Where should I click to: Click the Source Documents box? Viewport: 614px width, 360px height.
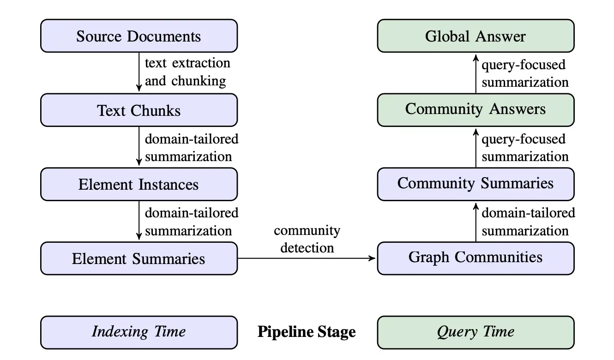[139, 36]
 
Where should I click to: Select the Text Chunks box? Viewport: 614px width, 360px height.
[139, 110]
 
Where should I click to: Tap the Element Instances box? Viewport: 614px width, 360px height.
[139, 184]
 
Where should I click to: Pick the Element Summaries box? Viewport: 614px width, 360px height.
[139, 258]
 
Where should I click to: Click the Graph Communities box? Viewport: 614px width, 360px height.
[476, 258]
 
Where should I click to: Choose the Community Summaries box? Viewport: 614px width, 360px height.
[476, 184]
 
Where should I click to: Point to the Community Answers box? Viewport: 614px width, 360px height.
[476, 110]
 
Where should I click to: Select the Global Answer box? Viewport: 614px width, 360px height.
[476, 36]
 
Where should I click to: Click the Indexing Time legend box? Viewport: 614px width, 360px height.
[139, 333]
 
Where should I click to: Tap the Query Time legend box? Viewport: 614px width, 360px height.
[476, 333]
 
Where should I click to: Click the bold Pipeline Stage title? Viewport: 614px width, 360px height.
[307, 332]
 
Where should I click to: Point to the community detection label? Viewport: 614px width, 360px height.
[307, 239]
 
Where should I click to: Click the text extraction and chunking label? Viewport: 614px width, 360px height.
[187, 72]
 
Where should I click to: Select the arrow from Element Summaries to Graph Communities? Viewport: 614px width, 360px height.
[307, 258]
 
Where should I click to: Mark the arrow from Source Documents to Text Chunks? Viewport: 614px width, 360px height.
[139, 72]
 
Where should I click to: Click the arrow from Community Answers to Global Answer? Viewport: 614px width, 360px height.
[476, 74]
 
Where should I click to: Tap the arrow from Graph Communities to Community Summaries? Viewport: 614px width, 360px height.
[476, 222]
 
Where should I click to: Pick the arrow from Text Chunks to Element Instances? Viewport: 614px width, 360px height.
[139, 146]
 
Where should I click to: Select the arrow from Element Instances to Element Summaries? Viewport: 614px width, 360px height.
[139, 220]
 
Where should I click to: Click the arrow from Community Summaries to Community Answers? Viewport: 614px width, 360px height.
[476, 148]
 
